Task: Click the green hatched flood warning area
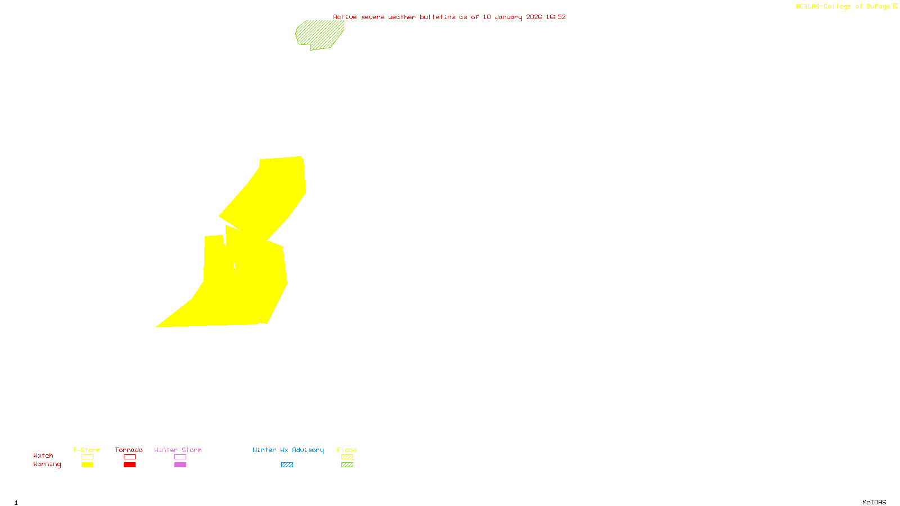319,34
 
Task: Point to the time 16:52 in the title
556,17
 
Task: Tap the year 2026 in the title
534,17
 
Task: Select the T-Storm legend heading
87,450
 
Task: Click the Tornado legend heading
129,450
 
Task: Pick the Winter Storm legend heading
178,450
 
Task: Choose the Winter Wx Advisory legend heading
288,450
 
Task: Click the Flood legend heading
347,450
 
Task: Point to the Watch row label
43,455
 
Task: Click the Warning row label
47,464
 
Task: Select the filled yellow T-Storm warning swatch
87,465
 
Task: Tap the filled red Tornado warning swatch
130,465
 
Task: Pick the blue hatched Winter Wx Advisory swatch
287,465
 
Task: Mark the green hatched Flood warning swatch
348,465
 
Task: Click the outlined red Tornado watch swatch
130,457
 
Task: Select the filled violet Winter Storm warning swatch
180,465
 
